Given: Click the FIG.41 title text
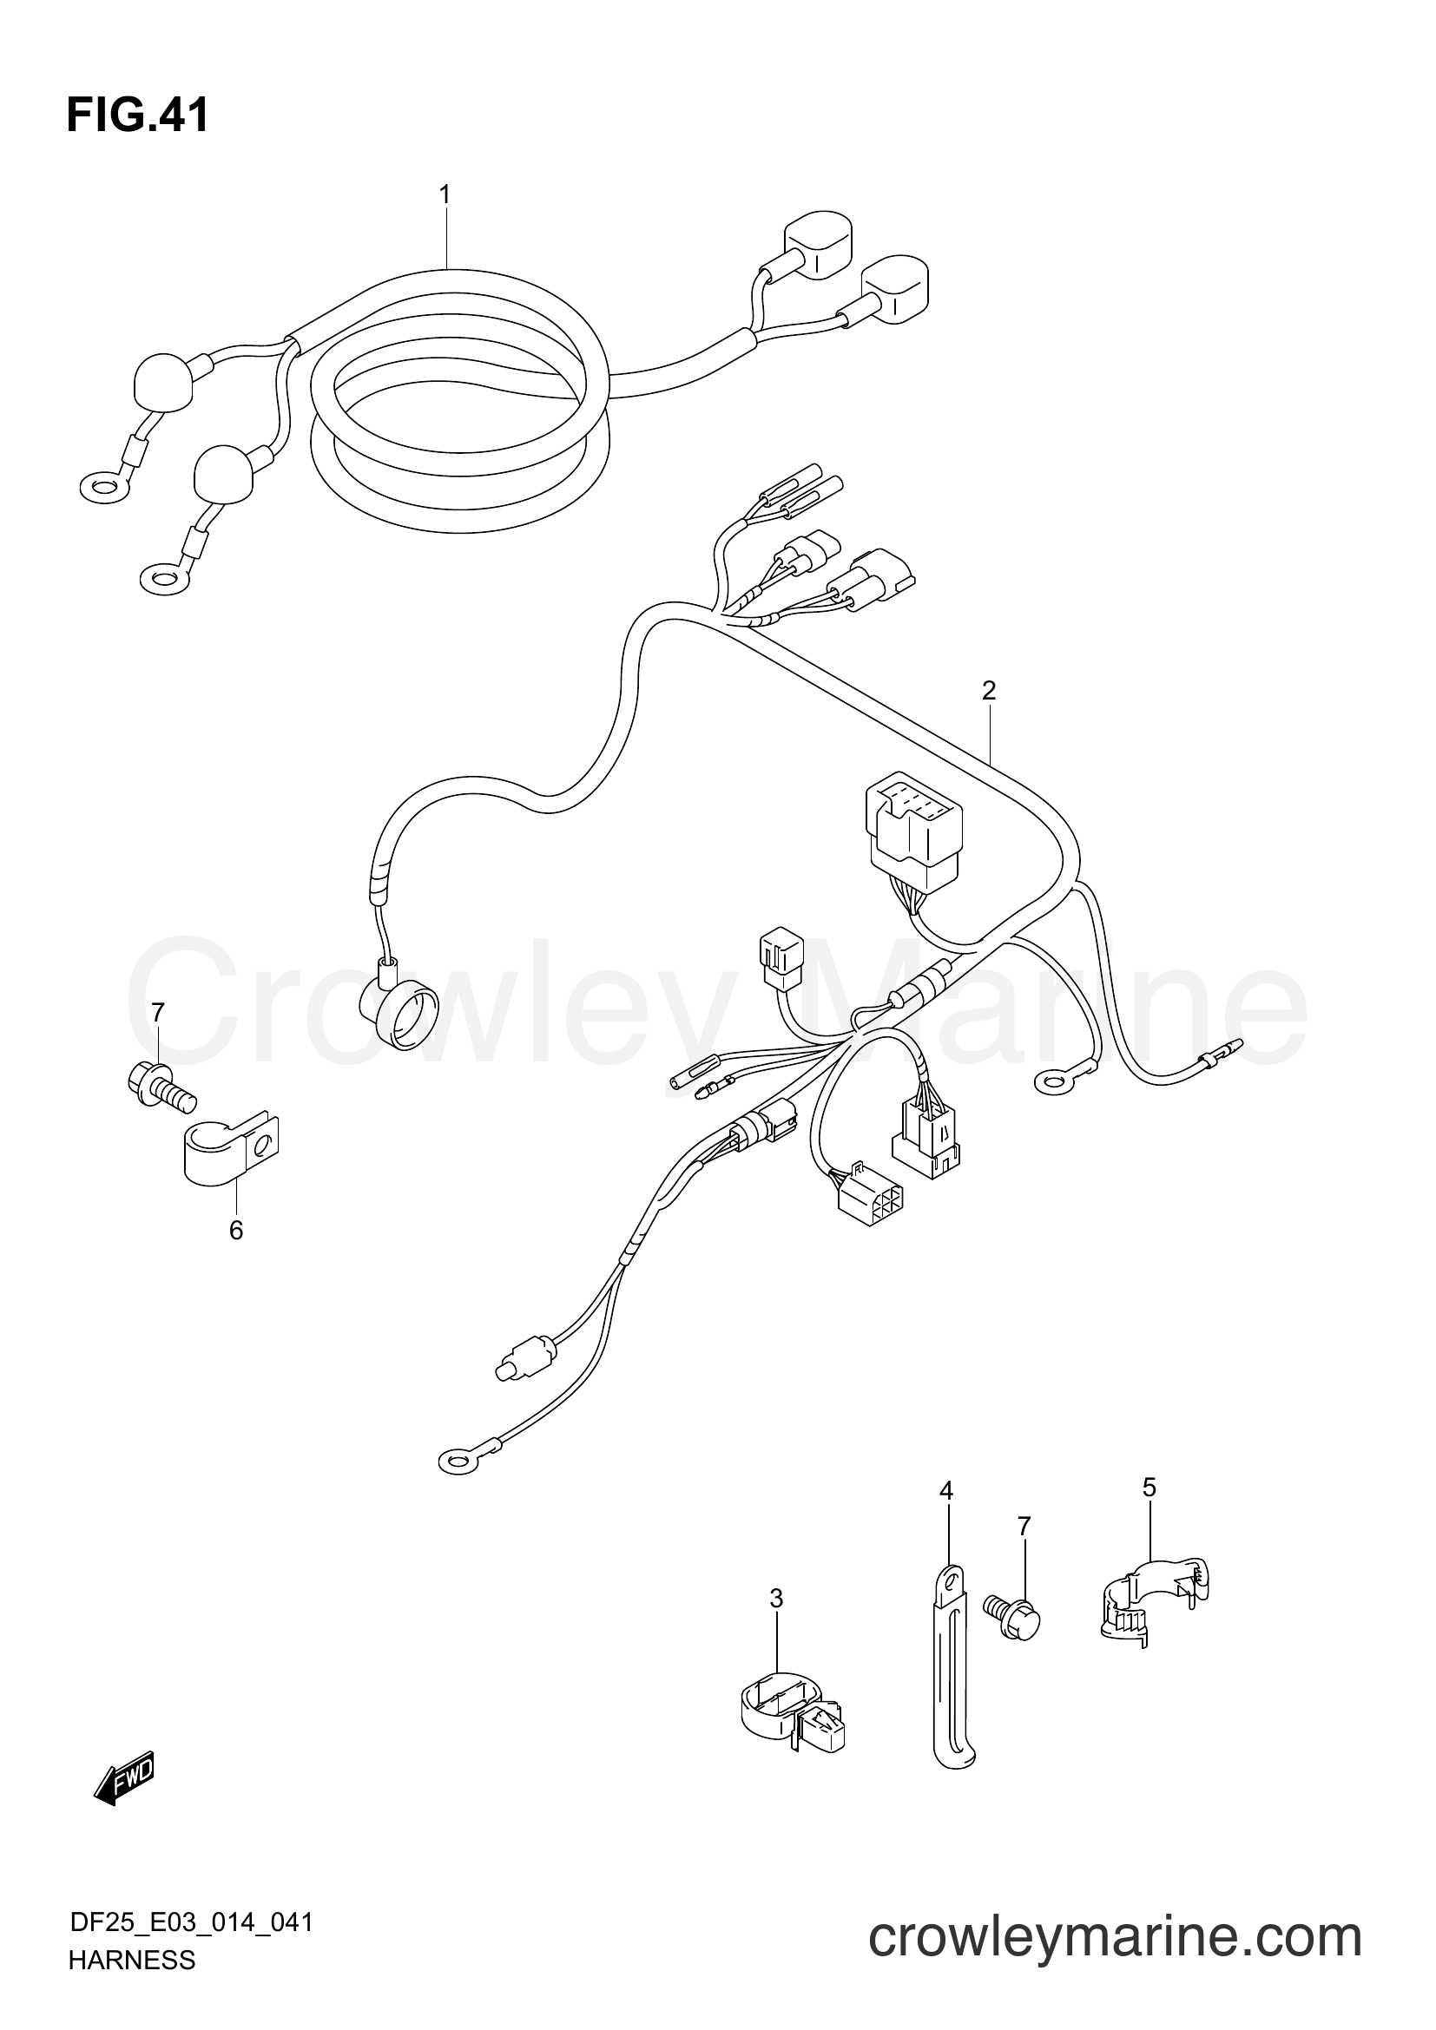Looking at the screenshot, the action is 137,115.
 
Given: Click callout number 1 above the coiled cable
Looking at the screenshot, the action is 445,194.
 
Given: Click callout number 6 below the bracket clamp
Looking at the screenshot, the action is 236,1230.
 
